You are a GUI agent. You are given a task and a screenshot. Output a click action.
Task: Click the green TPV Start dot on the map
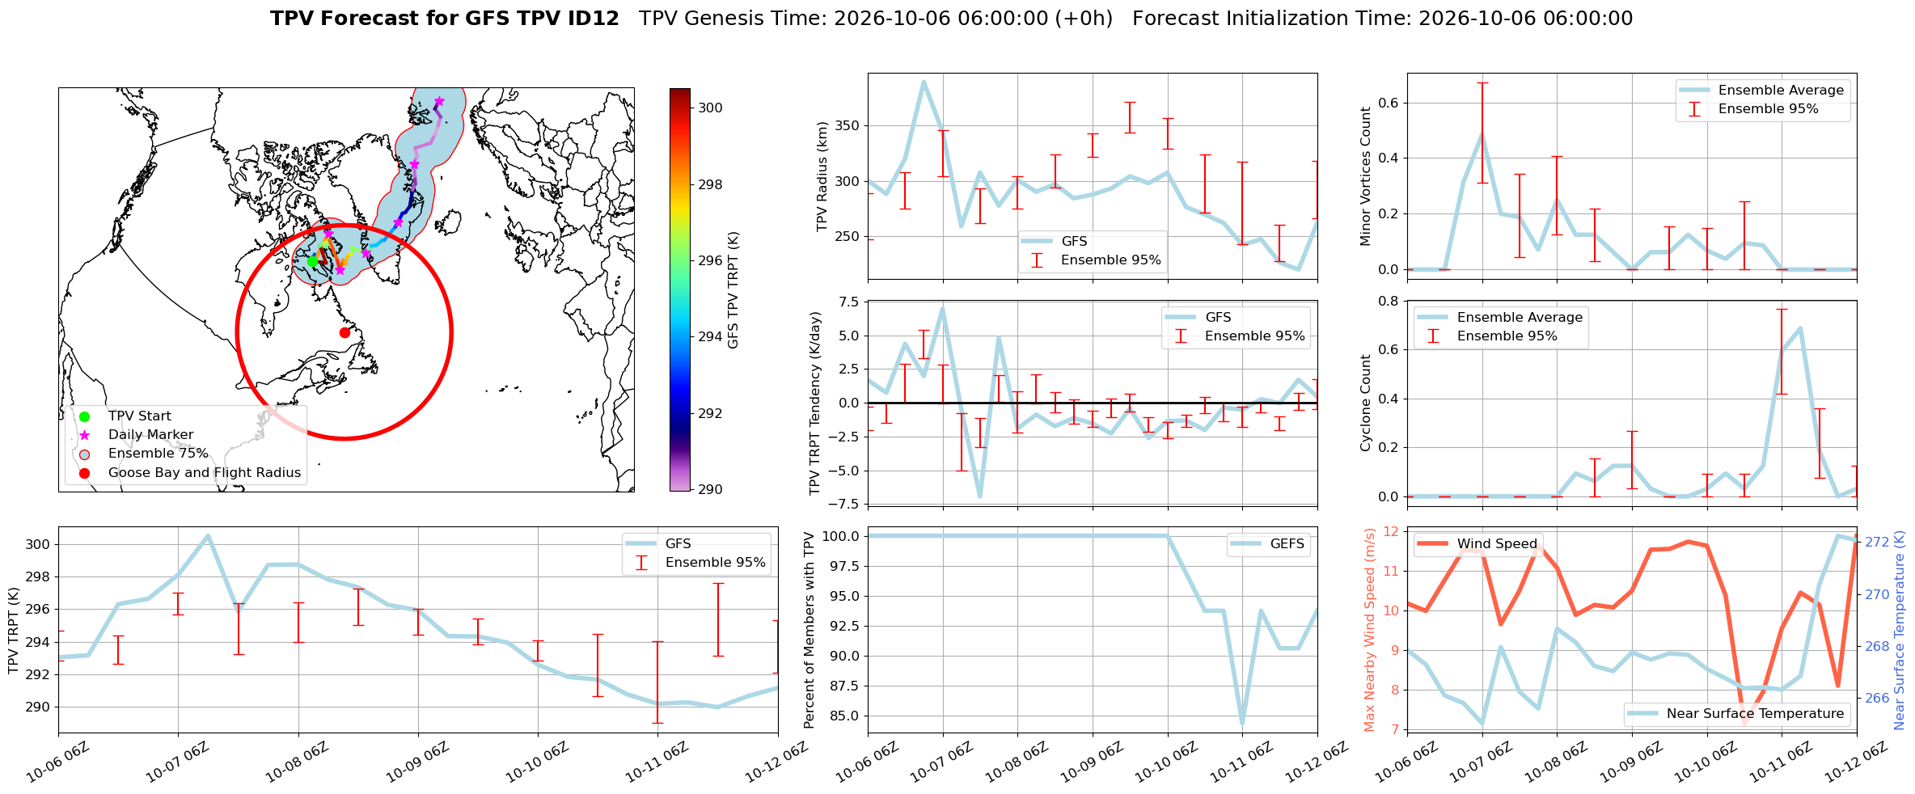pos(312,261)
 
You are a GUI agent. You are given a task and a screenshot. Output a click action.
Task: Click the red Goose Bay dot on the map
pos(345,332)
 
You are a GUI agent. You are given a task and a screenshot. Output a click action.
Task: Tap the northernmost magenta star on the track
pos(439,101)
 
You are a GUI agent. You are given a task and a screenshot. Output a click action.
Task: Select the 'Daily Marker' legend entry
pos(150,435)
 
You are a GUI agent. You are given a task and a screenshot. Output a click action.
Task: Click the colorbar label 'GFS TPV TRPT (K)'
pos(733,289)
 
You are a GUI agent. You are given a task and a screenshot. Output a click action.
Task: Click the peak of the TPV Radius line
pos(924,82)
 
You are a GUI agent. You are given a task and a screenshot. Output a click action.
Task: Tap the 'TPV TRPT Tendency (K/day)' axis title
pos(815,403)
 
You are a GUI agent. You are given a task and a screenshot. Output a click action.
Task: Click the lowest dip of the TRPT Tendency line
pos(979,496)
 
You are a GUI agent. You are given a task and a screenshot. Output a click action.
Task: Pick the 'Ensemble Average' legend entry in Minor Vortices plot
pos(1763,91)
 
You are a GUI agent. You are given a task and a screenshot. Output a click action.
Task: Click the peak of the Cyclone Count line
pos(1800,327)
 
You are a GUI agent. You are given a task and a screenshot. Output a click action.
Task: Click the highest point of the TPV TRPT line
pos(208,535)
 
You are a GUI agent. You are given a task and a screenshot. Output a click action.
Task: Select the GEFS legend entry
pos(1267,544)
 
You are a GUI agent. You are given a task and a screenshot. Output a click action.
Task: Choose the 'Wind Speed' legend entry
pos(1478,544)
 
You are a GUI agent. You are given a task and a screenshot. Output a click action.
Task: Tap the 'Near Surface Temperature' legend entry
pos(1735,714)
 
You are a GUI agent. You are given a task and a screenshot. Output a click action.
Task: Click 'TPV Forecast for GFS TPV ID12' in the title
pos(445,19)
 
